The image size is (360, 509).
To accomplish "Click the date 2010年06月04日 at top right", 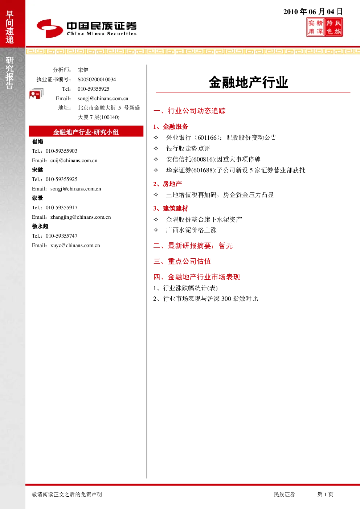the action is [x=313, y=12].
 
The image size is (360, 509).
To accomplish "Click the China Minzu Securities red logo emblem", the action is [x=50, y=28].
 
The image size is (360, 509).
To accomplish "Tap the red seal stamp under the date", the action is [x=324, y=27].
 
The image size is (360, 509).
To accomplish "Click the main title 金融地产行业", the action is [x=249, y=82].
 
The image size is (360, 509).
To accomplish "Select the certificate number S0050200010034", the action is [x=97, y=79].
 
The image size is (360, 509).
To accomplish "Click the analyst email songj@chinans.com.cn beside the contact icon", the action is [x=103, y=98].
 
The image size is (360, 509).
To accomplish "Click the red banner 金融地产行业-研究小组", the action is [x=86, y=131].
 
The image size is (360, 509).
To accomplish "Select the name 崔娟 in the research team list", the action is [x=37, y=141].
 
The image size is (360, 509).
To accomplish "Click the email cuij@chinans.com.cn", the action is [x=74, y=160].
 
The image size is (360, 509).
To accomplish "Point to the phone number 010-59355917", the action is [x=61, y=208].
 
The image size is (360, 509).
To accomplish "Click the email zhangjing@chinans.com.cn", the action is [x=81, y=217].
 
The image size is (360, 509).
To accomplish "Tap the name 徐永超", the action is [x=40, y=226].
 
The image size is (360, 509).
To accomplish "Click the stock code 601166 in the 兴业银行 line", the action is [x=207, y=137].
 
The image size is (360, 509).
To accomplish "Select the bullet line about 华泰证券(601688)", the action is [x=236, y=170].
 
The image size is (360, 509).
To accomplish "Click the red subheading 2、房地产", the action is [x=168, y=184].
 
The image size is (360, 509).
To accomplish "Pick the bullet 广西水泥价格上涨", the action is [x=191, y=230].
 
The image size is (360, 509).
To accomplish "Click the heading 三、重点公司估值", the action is [x=182, y=261].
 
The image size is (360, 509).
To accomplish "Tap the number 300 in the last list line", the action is [x=226, y=299].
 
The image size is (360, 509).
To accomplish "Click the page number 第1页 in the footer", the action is [x=325, y=494].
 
